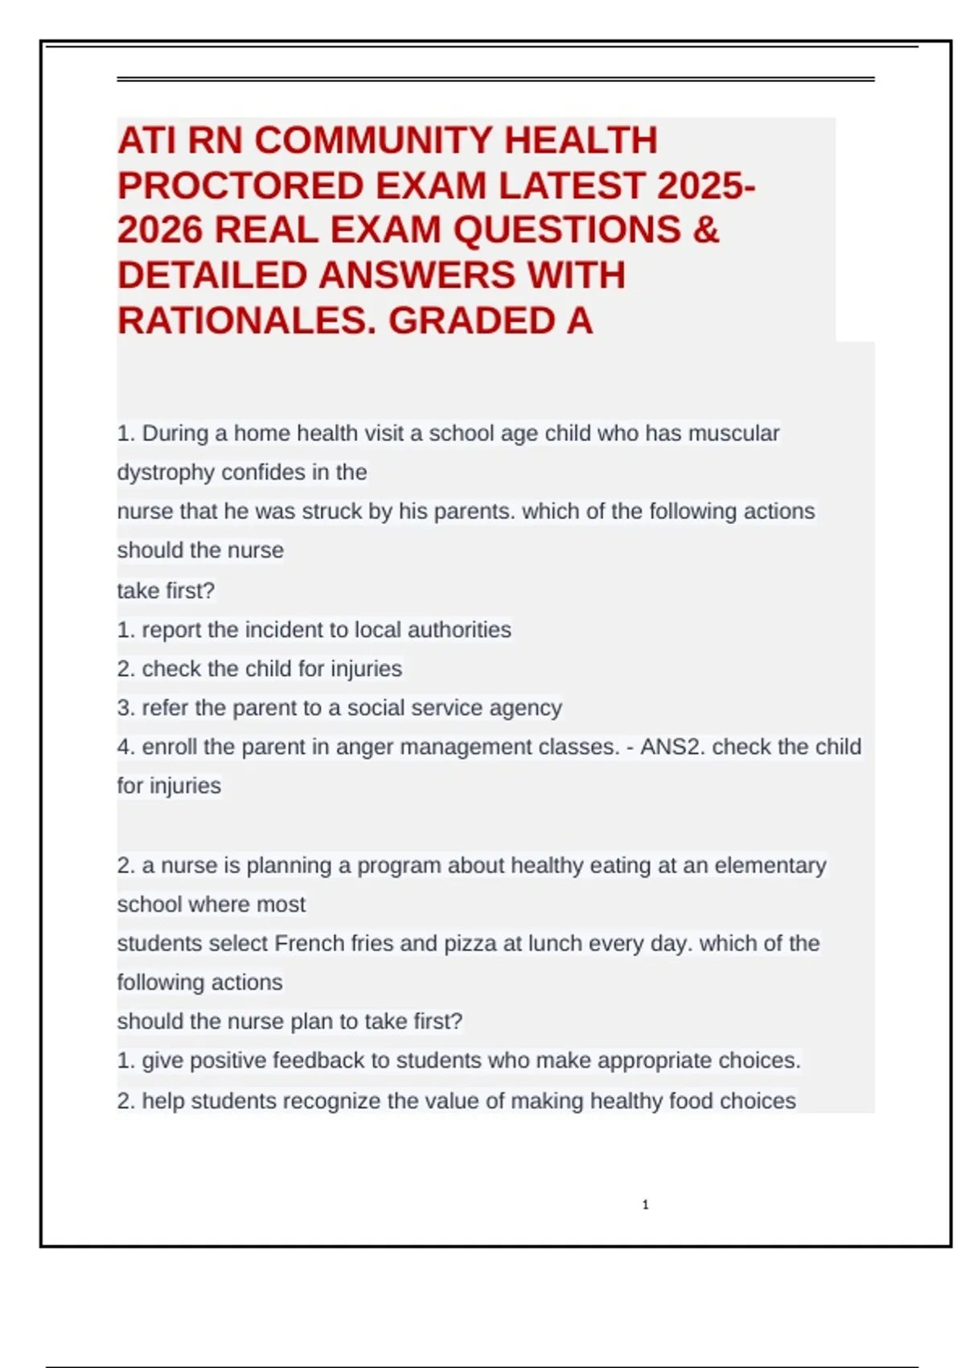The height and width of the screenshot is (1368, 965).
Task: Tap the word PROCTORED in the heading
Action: [240, 186]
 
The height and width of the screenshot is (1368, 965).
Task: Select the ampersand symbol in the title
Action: [705, 230]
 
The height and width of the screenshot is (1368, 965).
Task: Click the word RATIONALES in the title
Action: [246, 321]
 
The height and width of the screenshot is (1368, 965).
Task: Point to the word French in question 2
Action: [310, 943]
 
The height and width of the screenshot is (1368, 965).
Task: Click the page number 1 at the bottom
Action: [645, 1205]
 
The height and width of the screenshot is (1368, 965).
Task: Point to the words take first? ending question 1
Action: [166, 591]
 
